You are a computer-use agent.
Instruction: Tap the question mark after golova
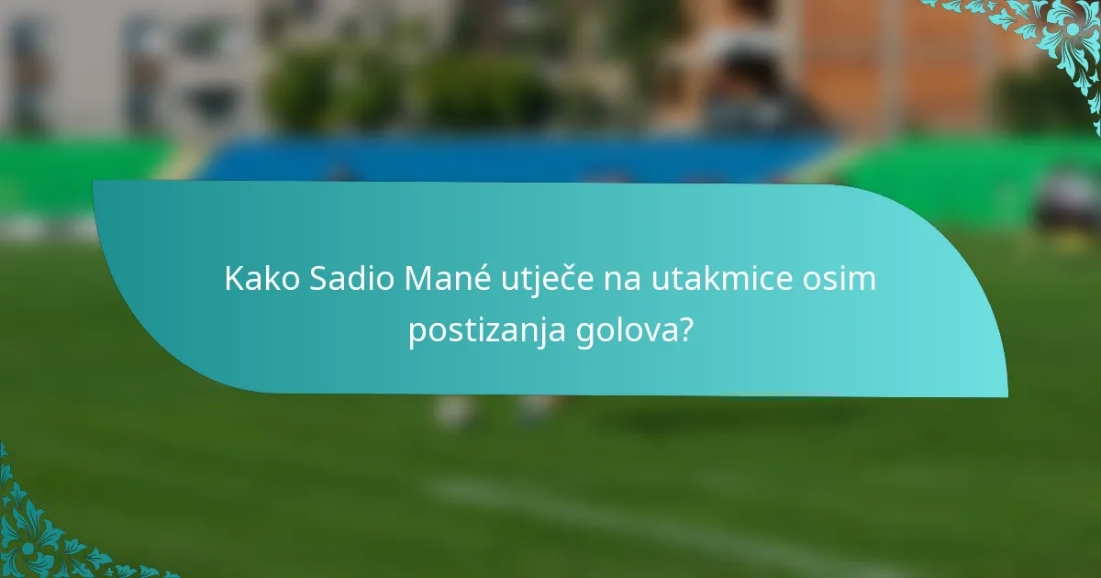[685, 329]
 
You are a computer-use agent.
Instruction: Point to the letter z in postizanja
[495, 330]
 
